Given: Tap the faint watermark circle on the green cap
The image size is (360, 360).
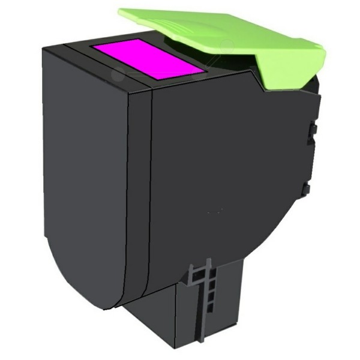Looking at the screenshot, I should click(226, 45).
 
